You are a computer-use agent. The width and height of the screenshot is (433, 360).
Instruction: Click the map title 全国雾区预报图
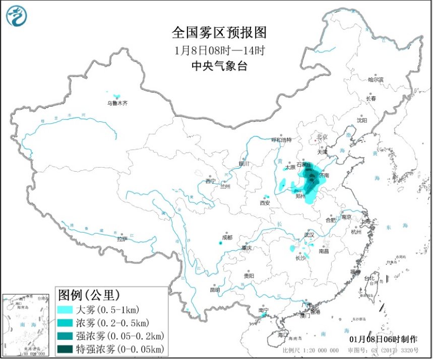219,33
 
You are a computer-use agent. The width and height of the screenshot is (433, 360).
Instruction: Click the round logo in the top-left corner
16,16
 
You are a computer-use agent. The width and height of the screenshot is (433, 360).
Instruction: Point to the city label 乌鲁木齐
117,103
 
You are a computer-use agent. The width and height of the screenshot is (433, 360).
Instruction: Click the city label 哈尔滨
376,80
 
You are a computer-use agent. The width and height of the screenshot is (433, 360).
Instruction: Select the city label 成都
227,237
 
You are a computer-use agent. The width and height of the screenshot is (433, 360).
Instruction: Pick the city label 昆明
215,290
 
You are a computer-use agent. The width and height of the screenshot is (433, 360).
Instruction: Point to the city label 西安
265,203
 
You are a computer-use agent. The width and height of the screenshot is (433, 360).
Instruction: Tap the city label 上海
365,221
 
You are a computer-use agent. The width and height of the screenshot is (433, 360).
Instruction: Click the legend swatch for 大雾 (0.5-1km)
66,309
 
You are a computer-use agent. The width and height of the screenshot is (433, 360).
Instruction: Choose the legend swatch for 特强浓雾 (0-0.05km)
66,348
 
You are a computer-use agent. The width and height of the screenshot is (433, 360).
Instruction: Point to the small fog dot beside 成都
220,243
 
